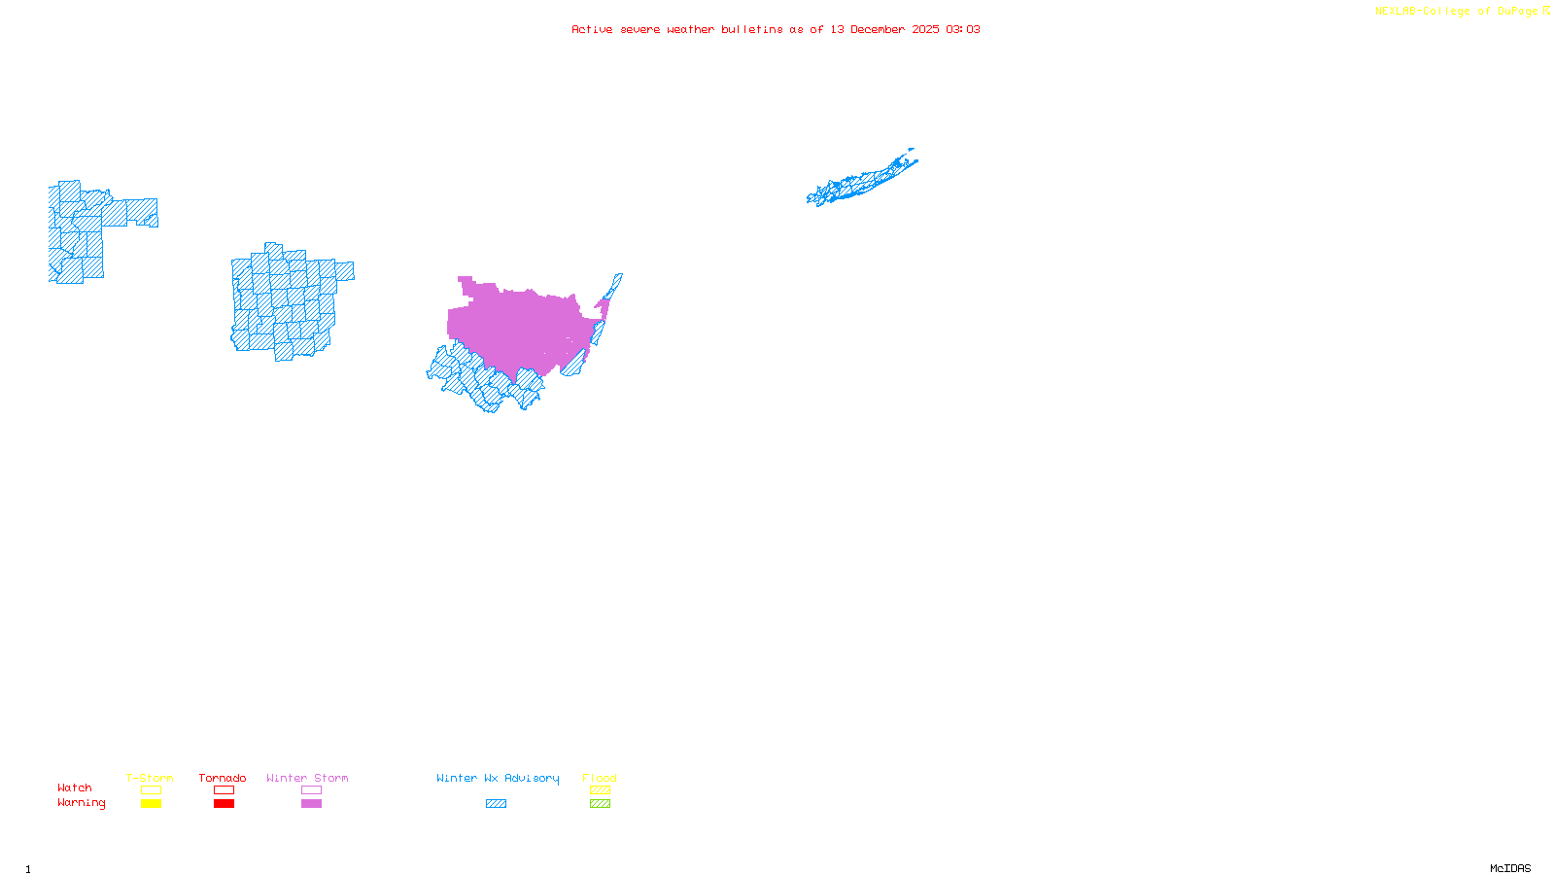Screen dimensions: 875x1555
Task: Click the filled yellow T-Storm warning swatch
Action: pyautogui.click(x=151, y=804)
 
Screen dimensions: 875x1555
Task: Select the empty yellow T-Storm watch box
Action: pyautogui.click(x=151, y=790)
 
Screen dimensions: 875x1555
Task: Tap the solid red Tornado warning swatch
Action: pyautogui.click(x=224, y=804)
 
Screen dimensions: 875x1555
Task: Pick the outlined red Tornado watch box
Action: pyautogui.click(x=224, y=790)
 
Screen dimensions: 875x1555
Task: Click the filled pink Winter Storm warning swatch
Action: pyautogui.click(x=311, y=804)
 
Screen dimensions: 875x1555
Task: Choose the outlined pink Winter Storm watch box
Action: pyautogui.click(x=311, y=790)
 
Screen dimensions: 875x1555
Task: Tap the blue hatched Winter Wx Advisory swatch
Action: pyautogui.click(x=496, y=804)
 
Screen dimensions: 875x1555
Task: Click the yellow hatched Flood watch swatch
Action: pyautogui.click(x=600, y=790)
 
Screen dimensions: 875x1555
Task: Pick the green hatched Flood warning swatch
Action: pyautogui.click(x=600, y=804)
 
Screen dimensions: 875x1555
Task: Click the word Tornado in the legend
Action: pyautogui.click(x=223, y=778)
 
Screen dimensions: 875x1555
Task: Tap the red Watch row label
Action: pyautogui.click(x=75, y=788)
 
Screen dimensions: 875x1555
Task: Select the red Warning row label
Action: pyautogui.click(x=81, y=803)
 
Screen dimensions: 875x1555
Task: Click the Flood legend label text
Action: pyautogui.click(x=600, y=778)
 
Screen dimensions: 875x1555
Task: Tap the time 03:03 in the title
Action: pyautogui.click(x=963, y=29)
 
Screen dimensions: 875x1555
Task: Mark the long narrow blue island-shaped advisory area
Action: pyautogui.click(x=860, y=181)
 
